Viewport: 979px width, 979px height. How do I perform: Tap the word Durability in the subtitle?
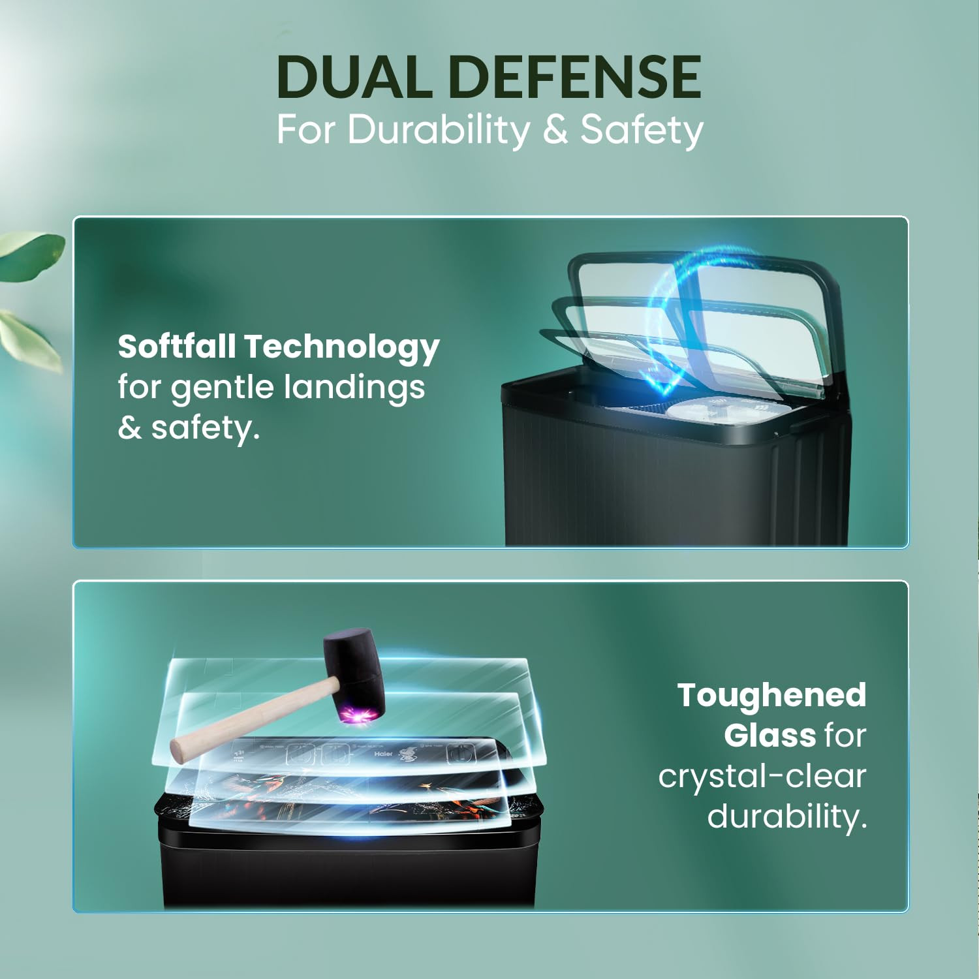coord(439,130)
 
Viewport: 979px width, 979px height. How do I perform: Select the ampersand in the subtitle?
coord(555,129)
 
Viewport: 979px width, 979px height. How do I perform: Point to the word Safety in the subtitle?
coord(642,130)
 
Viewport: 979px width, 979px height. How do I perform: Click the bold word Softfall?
coord(176,346)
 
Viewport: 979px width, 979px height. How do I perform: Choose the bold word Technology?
coord(342,347)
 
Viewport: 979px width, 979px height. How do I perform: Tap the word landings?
coord(354,386)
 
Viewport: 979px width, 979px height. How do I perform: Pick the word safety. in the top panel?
coord(205,428)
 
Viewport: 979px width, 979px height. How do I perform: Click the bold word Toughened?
coord(771,695)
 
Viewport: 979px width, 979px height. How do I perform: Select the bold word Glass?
coord(769,736)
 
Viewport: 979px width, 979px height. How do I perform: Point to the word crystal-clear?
coord(762,776)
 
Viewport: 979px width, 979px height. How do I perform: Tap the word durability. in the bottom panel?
coord(786,816)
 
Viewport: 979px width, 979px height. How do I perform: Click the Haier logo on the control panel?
coord(383,754)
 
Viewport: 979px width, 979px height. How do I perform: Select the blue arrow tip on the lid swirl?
coord(662,388)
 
